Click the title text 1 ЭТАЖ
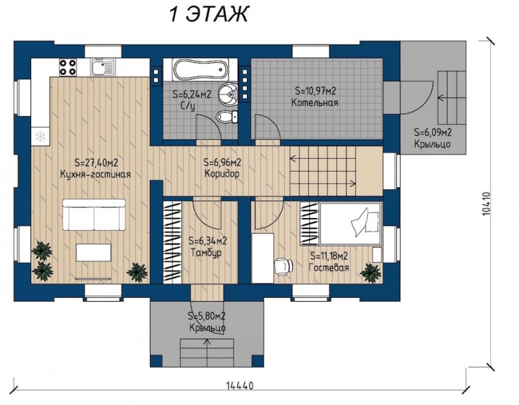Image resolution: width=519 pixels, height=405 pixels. [209, 15]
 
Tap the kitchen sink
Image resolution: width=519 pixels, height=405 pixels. [103, 67]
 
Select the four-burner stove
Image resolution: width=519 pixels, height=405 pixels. [68, 67]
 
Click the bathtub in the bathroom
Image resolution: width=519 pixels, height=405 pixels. [200, 70]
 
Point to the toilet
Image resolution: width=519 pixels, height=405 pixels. [227, 117]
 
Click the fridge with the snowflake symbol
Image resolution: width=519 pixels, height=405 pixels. [40, 136]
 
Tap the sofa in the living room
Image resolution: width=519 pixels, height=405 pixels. [94, 215]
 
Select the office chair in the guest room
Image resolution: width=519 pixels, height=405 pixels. [283, 266]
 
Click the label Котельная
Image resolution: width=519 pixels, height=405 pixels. [315, 103]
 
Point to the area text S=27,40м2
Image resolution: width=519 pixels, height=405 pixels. [97, 163]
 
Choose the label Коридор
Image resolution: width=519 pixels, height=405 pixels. [222, 173]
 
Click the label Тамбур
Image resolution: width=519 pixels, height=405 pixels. [207, 252]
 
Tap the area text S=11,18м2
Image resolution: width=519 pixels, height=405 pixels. [329, 256]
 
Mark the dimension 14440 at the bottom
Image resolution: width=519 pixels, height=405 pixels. [240, 386]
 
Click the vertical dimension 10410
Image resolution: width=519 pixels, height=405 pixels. [486, 205]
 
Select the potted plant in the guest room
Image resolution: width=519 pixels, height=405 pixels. [371, 273]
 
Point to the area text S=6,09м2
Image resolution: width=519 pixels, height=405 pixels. [433, 132]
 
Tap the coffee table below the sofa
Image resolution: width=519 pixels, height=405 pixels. [94, 252]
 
